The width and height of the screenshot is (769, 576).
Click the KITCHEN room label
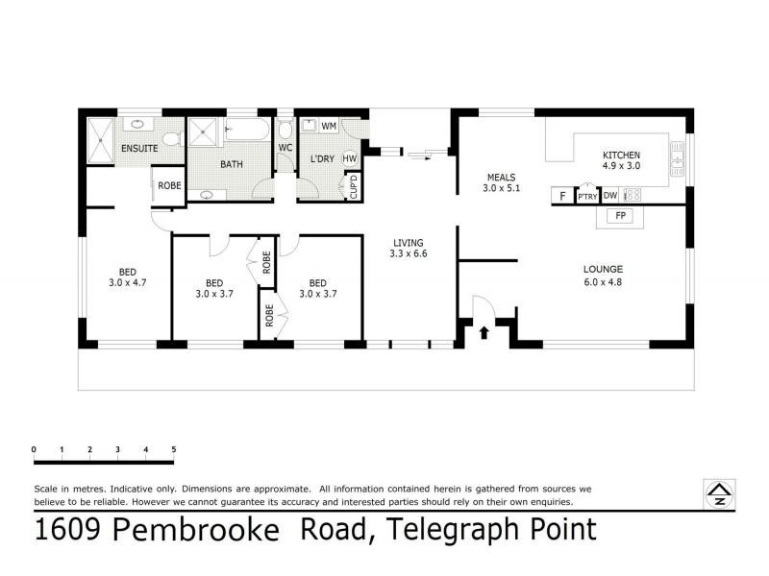[621, 155]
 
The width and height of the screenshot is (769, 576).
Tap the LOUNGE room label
[603, 269]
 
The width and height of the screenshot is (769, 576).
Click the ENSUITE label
[139, 148]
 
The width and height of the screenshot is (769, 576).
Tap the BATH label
[232, 164]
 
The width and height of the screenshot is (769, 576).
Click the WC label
[285, 148]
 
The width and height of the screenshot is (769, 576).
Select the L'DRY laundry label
[321, 159]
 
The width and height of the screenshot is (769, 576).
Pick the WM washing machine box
[328, 127]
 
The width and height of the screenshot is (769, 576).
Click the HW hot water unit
[349, 158]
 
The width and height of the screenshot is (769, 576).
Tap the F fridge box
[562, 196]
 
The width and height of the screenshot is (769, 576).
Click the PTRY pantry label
[586, 197]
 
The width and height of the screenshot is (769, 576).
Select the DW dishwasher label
[610, 196]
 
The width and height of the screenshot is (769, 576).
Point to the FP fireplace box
[621, 216]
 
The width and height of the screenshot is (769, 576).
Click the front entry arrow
[484, 333]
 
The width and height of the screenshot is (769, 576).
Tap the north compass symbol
[718, 493]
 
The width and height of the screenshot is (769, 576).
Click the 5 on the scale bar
[173, 449]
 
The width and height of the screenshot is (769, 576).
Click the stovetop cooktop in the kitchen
[633, 196]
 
